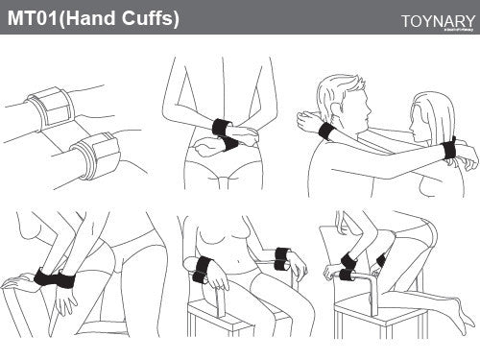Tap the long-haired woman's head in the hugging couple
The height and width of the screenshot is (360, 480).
pos(432,115)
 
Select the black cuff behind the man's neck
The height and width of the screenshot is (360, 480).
pos(325,132)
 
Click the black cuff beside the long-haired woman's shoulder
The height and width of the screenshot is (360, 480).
pos(447,148)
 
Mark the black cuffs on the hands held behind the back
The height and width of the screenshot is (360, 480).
pos(227,135)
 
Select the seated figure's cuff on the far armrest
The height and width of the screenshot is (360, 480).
pos(281,256)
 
